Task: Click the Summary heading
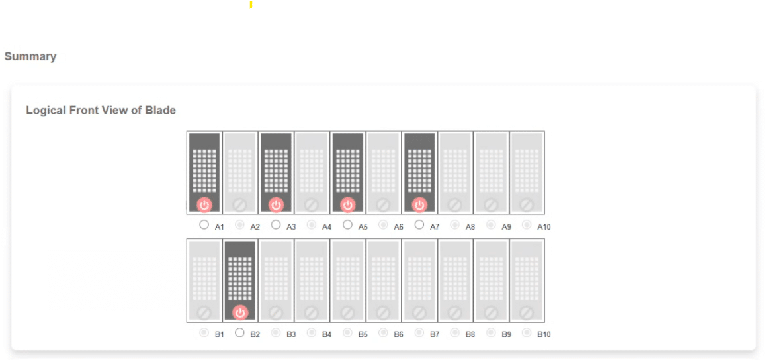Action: (x=30, y=56)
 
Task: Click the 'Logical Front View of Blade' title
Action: (x=101, y=110)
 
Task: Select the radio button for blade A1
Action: (x=204, y=225)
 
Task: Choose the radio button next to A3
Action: (x=276, y=225)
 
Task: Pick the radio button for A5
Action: (x=347, y=225)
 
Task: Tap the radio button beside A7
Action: (x=419, y=225)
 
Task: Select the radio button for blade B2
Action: (x=240, y=332)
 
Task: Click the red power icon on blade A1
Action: (x=204, y=204)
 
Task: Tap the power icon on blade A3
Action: (x=276, y=204)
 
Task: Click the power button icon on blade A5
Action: (x=348, y=204)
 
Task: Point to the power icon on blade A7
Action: (x=419, y=204)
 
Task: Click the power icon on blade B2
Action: (x=240, y=312)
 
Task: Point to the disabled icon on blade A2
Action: (x=240, y=204)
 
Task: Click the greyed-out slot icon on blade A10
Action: (x=527, y=204)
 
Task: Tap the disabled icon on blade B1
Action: (x=204, y=312)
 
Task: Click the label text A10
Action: (x=544, y=227)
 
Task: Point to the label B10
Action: (x=544, y=335)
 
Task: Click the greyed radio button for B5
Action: (x=347, y=332)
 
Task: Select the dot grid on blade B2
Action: (x=240, y=279)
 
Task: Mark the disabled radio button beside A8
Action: (x=455, y=225)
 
